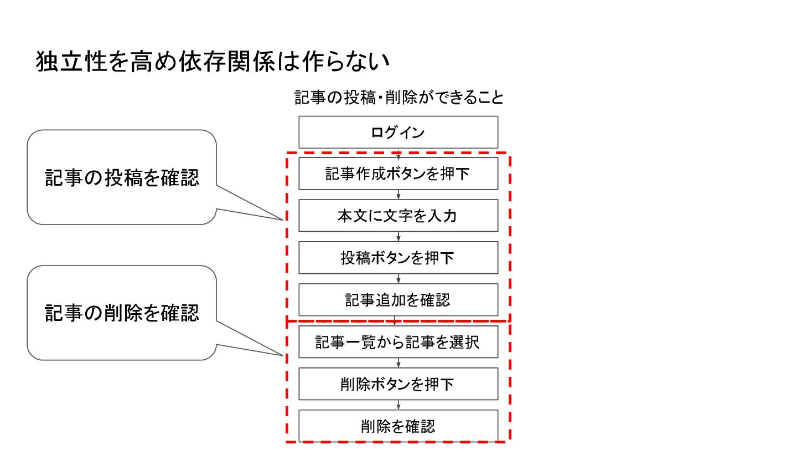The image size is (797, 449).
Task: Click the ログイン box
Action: coord(398,132)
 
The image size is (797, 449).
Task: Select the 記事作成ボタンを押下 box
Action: coord(398,174)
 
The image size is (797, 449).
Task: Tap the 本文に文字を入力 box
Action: coord(398,216)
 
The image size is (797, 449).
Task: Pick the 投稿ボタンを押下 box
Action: coord(398,258)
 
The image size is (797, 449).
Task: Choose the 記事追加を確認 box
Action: coord(398,300)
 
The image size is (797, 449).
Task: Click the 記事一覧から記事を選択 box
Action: coord(398,342)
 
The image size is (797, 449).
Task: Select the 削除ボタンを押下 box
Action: coord(398,384)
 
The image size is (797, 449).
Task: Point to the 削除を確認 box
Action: coord(398,426)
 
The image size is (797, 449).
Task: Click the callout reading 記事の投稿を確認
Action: coord(122,177)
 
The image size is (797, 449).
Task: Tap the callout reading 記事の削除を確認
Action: coord(122,313)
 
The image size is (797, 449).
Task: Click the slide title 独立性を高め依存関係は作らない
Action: coord(214,62)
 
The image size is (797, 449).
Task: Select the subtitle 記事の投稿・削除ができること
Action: coord(399,98)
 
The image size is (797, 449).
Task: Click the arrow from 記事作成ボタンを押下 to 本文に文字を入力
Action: coord(398,195)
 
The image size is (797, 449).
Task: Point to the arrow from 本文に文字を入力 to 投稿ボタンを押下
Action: coord(398,237)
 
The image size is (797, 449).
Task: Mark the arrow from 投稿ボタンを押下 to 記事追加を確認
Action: coord(398,279)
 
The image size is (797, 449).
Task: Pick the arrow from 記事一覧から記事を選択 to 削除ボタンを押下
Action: coord(398,363)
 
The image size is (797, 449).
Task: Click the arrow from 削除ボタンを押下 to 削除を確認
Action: coord(398,405)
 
